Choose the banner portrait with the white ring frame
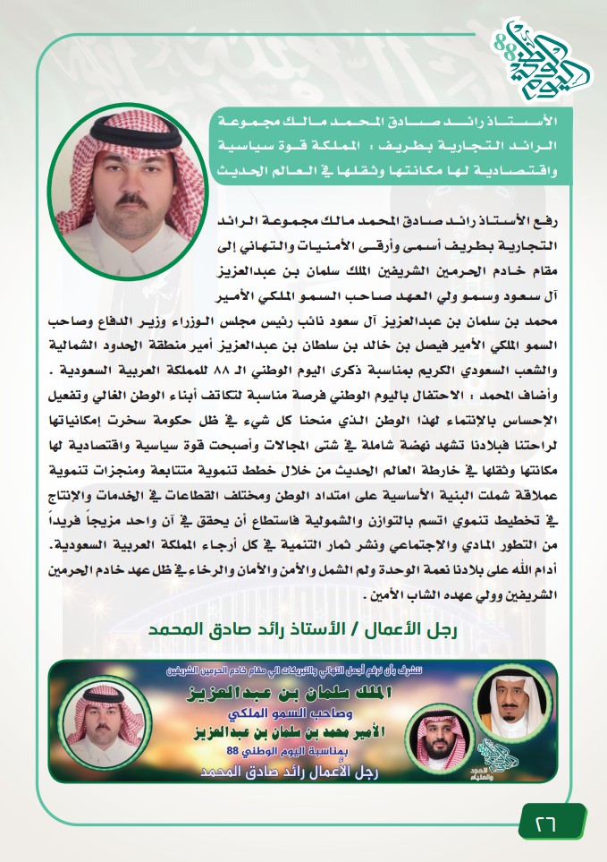pyautogui.click(x=513, y=705)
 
